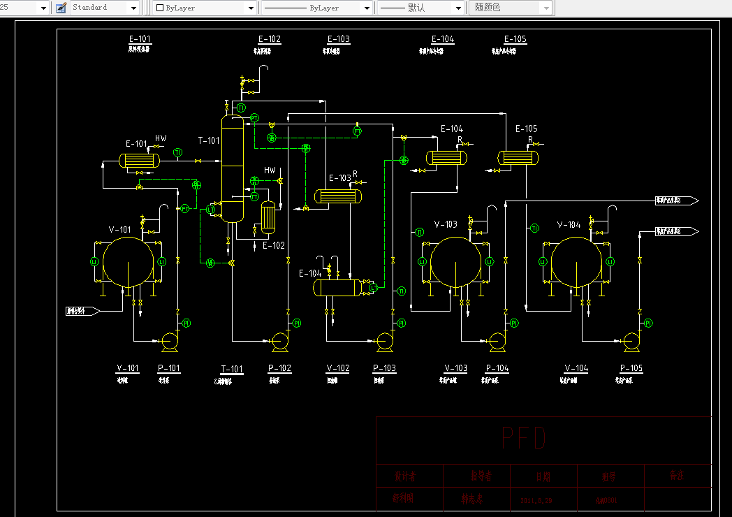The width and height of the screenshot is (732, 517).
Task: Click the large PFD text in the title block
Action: [523, 438]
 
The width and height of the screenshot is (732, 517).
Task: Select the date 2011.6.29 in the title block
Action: [536, 500]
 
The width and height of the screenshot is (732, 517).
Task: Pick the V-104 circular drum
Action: [576, 262]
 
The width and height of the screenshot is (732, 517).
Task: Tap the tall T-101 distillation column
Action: [233, 168]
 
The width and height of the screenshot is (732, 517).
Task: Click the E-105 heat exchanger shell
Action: [518, 159]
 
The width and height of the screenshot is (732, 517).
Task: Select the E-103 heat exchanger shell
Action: [338, 196]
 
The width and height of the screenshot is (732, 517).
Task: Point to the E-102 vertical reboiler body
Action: [268, 217]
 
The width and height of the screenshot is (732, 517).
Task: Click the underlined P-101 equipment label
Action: [169, 368]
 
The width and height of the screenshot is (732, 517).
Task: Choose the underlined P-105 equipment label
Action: [631, 368]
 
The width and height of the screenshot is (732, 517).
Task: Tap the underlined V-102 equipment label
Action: [338, 368]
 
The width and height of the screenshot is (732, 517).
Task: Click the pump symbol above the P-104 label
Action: [497, 340]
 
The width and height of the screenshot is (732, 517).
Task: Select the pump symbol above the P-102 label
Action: [280, 340]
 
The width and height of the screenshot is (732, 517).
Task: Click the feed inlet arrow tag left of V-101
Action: [82, 311]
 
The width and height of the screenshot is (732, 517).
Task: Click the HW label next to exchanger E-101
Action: [161, 138]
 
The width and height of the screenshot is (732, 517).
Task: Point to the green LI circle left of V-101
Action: [94, 261]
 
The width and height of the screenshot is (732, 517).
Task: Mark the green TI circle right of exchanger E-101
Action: [177, 152]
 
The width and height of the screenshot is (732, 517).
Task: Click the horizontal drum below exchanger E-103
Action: [338, 286]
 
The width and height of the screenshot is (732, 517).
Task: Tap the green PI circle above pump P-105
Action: [648, 323]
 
